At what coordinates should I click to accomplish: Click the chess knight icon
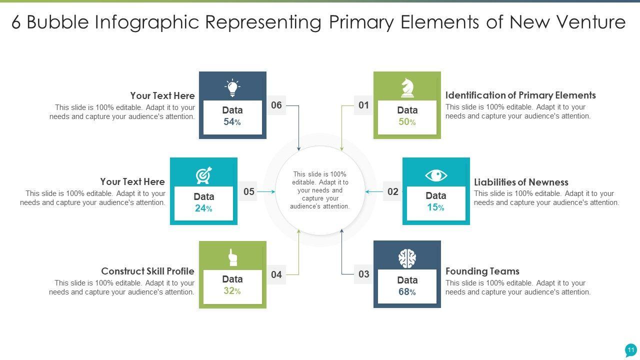coord(407,88)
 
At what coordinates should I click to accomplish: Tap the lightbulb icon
coord(232,88)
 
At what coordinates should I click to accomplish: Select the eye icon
coord(435,175)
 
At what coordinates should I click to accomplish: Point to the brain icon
coord(407,258)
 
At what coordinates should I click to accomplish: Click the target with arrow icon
coord(203,175)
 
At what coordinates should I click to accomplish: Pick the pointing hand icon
coord(232,257)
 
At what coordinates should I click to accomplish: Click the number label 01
coord(363,105)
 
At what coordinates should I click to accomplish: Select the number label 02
coord(392,191)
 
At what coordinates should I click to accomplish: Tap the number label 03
coord(363,274)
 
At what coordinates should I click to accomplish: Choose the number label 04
coord(276,274)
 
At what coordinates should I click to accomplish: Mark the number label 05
coord(249,191)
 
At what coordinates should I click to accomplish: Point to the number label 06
coord(276,105)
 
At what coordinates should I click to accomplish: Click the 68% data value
coord(407,292)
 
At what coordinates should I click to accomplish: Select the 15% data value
coord(435,207)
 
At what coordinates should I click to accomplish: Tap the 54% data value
coord(232,122)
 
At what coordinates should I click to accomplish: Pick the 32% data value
coord(232,291)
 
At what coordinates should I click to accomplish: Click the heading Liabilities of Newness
coord(521,182)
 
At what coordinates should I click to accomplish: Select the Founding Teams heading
coord(482,271)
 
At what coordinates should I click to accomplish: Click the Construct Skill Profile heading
coord(147,271)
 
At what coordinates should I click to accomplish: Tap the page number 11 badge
coord(630,350)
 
